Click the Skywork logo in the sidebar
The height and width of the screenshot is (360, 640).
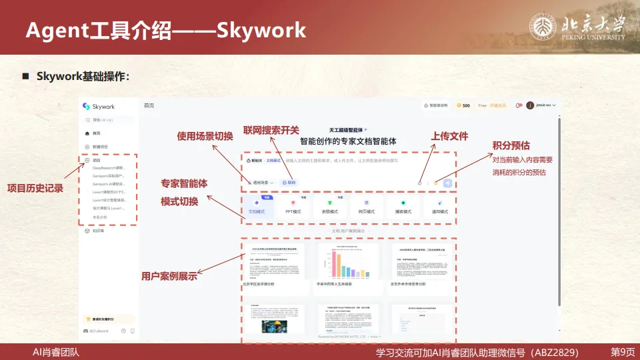98,106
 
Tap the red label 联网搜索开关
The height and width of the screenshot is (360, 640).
271,130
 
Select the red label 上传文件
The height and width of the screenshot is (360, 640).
449,136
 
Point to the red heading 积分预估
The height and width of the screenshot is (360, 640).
511,145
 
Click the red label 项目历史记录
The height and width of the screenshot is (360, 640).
35,189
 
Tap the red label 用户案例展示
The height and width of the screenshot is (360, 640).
169,275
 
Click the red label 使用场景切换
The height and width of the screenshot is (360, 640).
205,136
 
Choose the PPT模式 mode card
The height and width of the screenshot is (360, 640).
293,207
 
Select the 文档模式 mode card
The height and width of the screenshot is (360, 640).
257,207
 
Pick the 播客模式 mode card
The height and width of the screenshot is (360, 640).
403,207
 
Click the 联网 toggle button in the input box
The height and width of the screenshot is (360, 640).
289,182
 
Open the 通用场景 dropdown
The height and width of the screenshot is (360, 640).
260,182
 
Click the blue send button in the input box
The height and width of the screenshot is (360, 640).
448,182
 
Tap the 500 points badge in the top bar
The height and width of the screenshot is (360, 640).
463,105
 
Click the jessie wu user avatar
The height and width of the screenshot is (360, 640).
530,105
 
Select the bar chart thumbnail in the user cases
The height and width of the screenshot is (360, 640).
349,261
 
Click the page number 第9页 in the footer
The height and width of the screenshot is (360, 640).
623,352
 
